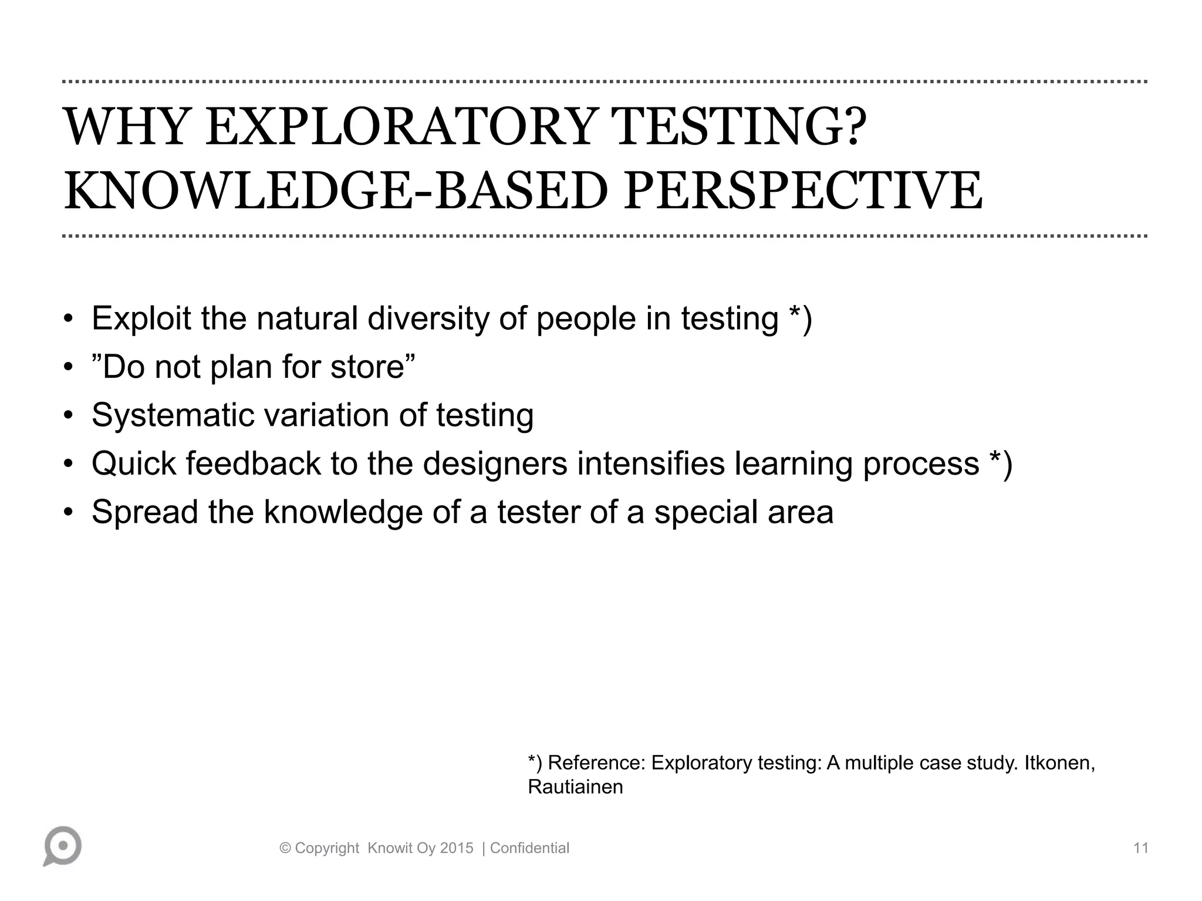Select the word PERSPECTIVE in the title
click(x=802, y=191)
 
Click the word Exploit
click(x=141, y=319)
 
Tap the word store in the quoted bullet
click(x=367, y=367)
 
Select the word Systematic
click(x=173, y=415)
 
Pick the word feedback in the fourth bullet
click(x=253, y=463)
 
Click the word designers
click(x=495, y=463)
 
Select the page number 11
click(x=1140, y=848)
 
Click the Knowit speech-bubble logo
click(x=62, y=846)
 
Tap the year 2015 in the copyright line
click(x=457, y=848)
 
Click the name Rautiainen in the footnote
click(x=575, y=787)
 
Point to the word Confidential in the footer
click(x=529, y=848)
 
